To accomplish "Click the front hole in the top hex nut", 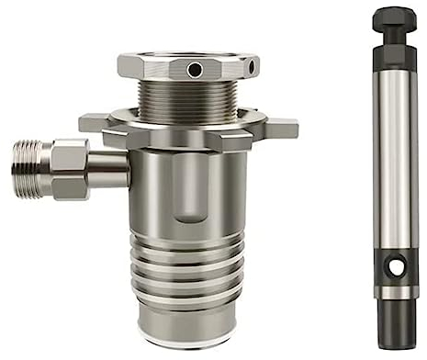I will pos(194,70).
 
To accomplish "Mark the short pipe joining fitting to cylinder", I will pos(108,170).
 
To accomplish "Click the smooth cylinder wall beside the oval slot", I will pos(230,193).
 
